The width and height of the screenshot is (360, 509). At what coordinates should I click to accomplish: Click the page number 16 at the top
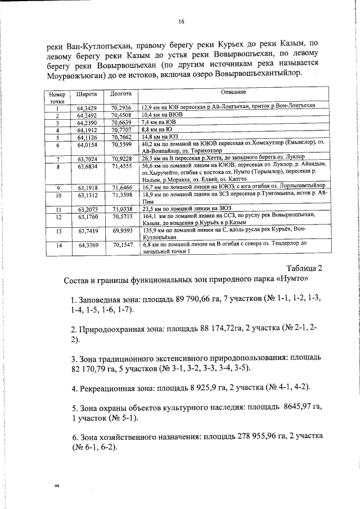click(x=181, y=22)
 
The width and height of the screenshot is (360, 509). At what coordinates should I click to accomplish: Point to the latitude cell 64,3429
click(x=87, y=107)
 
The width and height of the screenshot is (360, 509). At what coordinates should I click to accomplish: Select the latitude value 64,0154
click(x=87, y=145)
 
